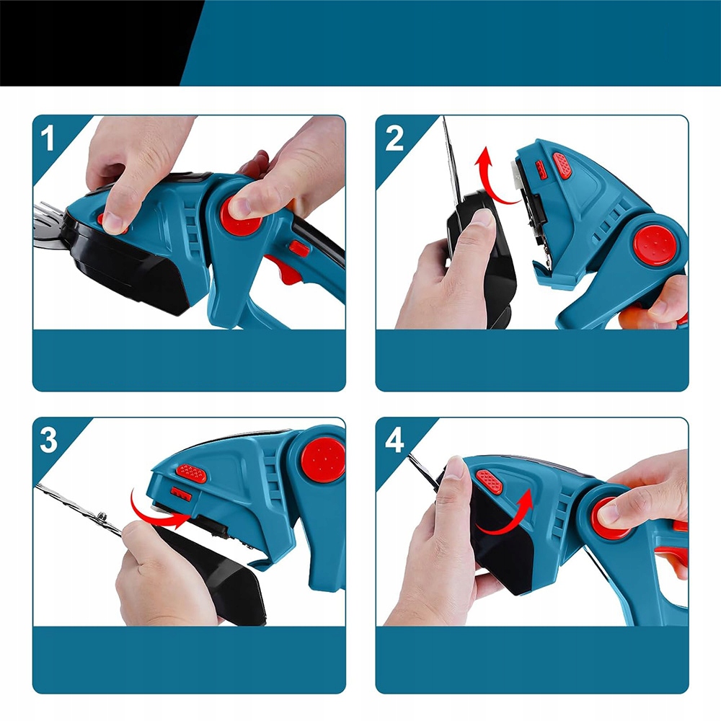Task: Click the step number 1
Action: (48, 138)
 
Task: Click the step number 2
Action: (394, 138)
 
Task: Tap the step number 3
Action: (48, 440)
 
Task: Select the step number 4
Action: (394, 440)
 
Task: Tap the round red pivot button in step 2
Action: (655, 245)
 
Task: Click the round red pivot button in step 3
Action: (323, 459)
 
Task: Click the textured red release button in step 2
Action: (562, 165)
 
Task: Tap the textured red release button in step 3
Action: (191, 473)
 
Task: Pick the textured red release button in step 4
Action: (490, 482)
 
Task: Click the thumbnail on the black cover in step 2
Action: (480, 218)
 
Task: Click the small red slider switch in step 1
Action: (299, 249)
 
